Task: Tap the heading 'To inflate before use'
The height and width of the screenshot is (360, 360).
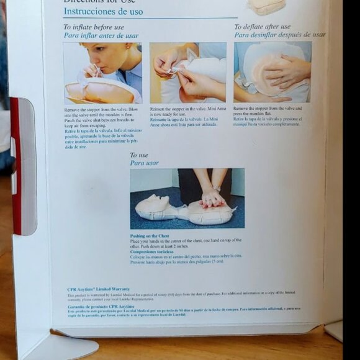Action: [93, 27]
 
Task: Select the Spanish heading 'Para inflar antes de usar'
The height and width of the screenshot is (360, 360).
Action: [101, 35]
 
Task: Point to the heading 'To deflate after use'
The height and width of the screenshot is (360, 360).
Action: [262, 27]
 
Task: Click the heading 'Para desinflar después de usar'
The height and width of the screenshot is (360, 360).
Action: [279, 35]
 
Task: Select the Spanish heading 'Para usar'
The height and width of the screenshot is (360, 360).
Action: [144, 163]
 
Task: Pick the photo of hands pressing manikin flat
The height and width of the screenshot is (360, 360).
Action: [272, 72]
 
